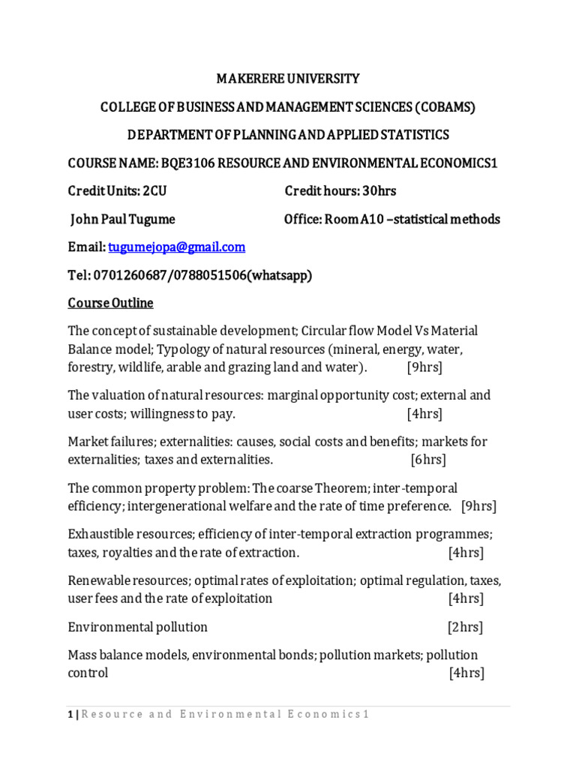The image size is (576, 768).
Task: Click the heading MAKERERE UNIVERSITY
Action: click(288, 79)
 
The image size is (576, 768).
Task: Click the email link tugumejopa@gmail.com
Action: click(176, 247)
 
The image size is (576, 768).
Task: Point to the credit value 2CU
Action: click(154, 191)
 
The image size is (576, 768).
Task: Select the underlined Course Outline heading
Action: click(110, 303)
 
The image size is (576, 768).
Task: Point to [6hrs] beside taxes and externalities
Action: click(428, 459)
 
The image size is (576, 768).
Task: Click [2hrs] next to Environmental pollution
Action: click(465, 627)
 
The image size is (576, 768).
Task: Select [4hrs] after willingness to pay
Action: click(424, 413)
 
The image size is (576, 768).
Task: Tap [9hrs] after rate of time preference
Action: click(478, 505)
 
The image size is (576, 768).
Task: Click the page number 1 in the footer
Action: click(70, 715)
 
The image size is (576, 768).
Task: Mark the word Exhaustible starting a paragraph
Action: click(98, 535)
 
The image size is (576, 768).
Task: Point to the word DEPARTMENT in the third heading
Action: click(163, 135)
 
